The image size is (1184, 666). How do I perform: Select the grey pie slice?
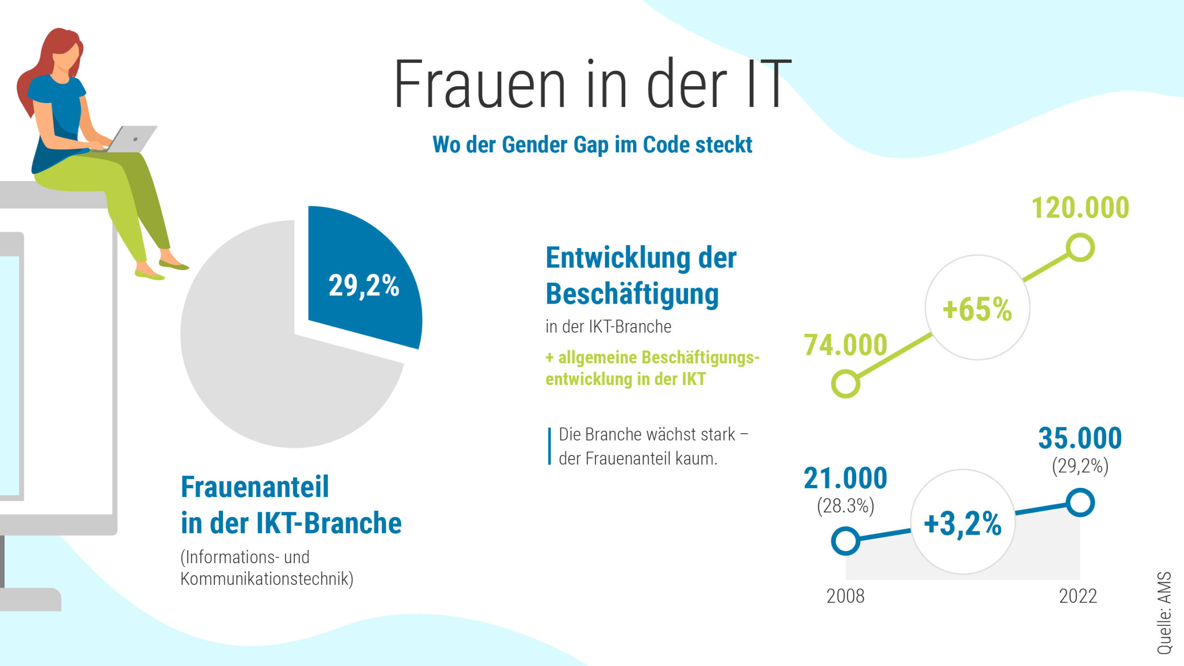[277, 380]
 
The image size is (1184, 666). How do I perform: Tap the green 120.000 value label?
[1080, 208]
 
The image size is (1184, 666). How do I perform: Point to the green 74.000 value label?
[845, 345]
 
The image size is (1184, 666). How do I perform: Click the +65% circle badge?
[977, 308]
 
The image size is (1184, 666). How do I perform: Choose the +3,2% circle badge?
[963, 523]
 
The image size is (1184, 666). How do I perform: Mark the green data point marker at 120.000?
[1080, 248]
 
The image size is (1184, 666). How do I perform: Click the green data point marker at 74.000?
[845, 384]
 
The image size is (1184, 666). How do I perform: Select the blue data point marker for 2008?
[845, 541]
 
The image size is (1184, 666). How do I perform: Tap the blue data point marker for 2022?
[1080, 503]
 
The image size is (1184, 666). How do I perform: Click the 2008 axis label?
[845, 596]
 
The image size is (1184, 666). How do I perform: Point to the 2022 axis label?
[1078, 596]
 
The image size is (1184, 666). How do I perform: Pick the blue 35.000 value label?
[1080, 438]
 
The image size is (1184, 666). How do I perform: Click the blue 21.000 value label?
[845, 478]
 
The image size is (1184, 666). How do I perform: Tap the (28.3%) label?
[845, 506]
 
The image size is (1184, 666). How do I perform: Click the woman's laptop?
[132, 139]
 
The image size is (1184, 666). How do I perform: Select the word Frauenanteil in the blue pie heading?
[255, 487]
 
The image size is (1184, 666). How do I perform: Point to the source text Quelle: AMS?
[1164, 613]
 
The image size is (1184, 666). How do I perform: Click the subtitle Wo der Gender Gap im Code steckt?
[592, 144]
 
